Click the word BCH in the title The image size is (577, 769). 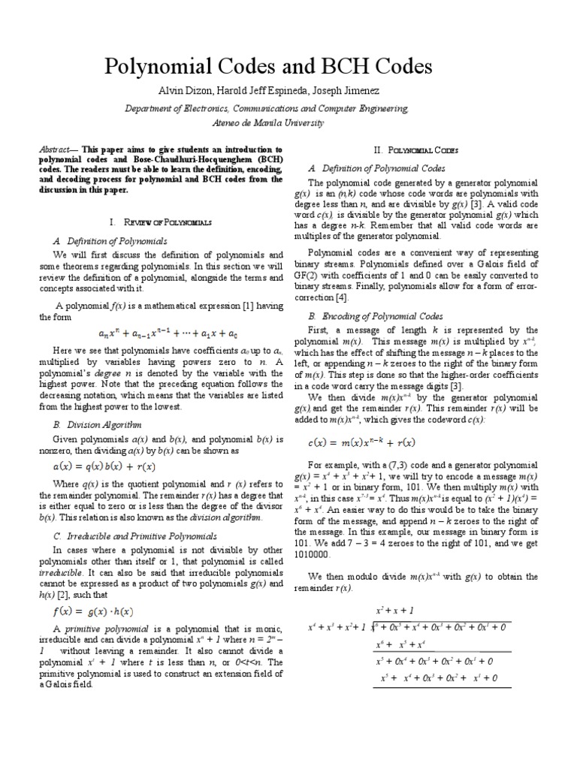pyautogui.click(x=353, y=67)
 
